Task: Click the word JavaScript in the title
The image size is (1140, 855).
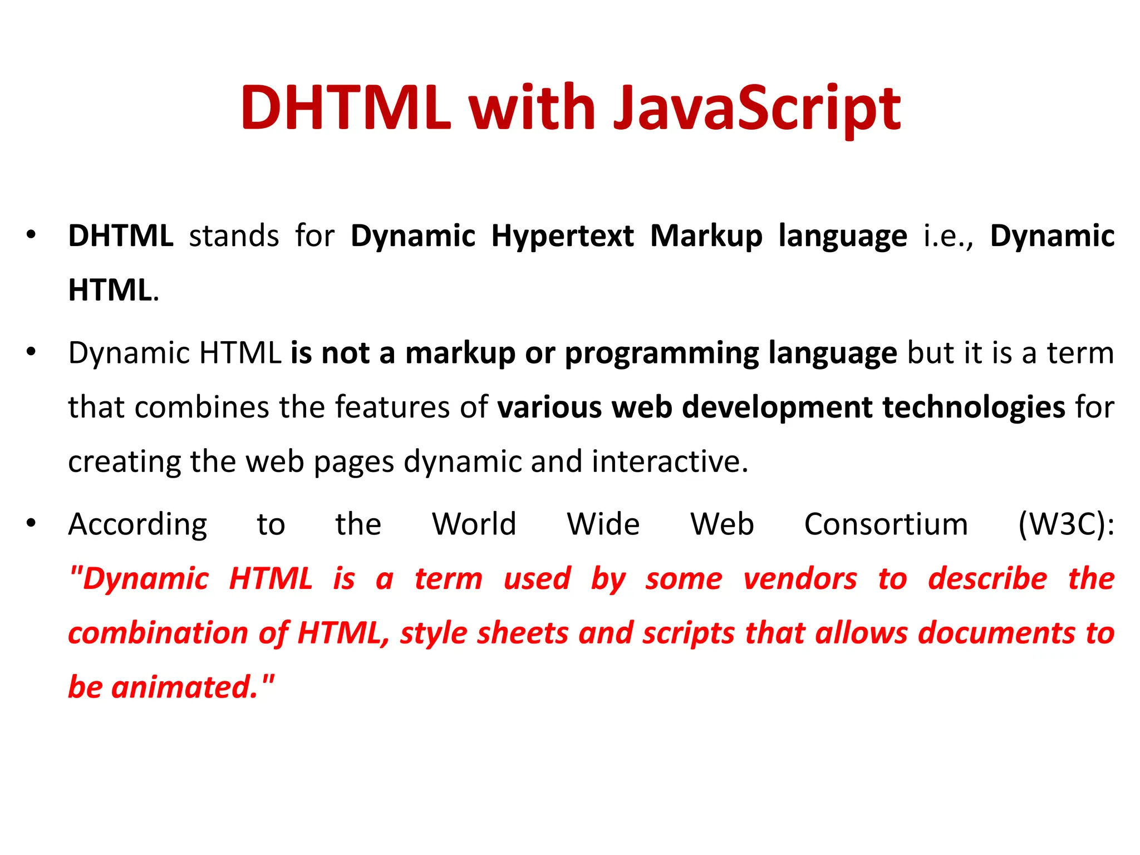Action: [x=757, y=109]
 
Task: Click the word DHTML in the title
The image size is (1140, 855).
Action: [x=345, y=109]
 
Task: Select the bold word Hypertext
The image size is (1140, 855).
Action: [x=562, y=237]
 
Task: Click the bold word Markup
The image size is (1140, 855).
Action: [x=706, y=237]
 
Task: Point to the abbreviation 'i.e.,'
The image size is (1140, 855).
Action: [x=948, y=237]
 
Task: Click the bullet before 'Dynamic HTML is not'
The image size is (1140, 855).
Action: [x=31, y=352]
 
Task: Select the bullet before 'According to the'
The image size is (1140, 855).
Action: [x=31, y=523]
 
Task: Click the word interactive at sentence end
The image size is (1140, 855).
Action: [x=670, y=461]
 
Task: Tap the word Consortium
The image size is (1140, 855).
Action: [x=886, y=525]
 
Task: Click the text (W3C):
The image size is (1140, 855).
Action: [x=1066, y=525]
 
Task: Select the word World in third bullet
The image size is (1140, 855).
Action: [x=474, y=525]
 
